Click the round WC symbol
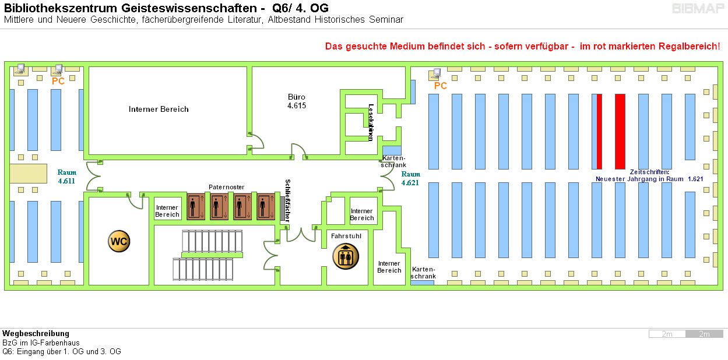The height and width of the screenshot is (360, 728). pyautogui.click(x=119, y=241)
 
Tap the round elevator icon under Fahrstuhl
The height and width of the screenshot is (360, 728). pyautogui.click(x=346, y=256)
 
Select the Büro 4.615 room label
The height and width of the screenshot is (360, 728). pyautogui.click(x=297, y=101)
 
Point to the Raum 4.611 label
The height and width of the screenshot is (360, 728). pyautogui.click(x=67, y=177)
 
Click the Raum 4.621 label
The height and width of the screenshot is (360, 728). pyautogui.click(x=410, y=178)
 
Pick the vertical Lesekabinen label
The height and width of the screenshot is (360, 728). pyautogui.click(x=371, y=122)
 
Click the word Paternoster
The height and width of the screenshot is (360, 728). pyautogui.click(x=226, y=187)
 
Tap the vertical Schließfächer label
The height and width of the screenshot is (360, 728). pyautogui.click(x=287, y=200)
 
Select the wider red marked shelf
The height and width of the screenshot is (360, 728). pyautogui.click(x=620, y=131)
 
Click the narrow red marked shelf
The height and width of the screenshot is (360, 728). pyautogui.click(x=599, y=131)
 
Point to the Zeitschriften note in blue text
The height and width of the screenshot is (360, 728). pyautogui.click(x=649, y=175)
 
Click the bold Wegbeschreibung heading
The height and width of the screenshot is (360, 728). pyautogui.click(x=36, y=334)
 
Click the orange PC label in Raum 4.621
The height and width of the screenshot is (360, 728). pyautogui.click(x=441, y=86)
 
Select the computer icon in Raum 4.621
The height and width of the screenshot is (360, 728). pyautogui.click(x=435, y=74)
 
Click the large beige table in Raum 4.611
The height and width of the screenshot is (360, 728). pyautogui.click(x=28, y=174)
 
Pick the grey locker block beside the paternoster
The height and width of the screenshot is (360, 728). pyautogui.click(x=282, y=209)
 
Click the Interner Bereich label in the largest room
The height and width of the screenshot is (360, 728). pyautogui.click(x=159, y=109)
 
